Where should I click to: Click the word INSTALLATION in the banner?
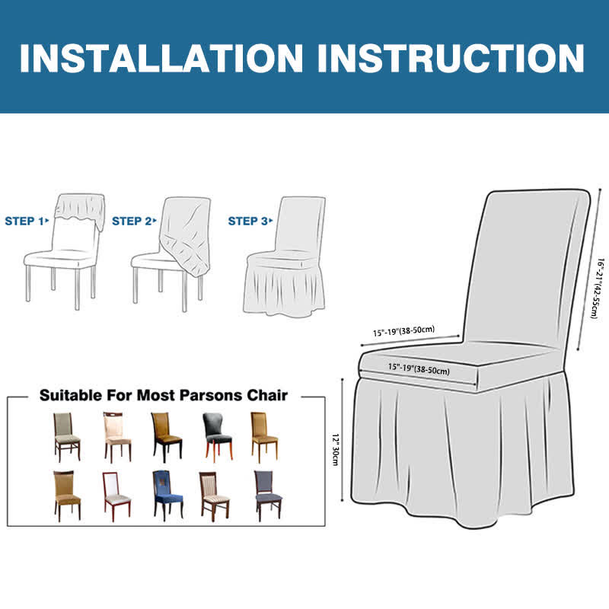(x=161, y=58)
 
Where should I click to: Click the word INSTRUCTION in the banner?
(x=451, y=58)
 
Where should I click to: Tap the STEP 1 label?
(x=27, y=221)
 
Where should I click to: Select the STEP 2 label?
(x=134, y=221)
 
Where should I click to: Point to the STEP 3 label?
(x=250, y=221)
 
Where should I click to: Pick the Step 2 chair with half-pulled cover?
(x=171, y=253)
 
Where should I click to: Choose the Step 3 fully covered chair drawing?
(x=285, y=257)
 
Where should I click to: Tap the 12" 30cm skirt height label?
(x=335, y=449)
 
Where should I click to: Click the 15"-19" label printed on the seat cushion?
(x=419, y=368)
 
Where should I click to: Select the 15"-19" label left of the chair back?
(x=404, y=331)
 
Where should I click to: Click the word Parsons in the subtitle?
(x=211, y=395)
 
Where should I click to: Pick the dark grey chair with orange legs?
(x=218, y=437)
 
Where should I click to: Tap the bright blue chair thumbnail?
(x=167, y=496)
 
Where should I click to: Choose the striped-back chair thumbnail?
(x=214, y=496)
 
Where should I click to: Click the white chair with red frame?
(x=116, y=496)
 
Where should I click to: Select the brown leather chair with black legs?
(x=166, y=437)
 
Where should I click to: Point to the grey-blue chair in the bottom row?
(x=268, y=496)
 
